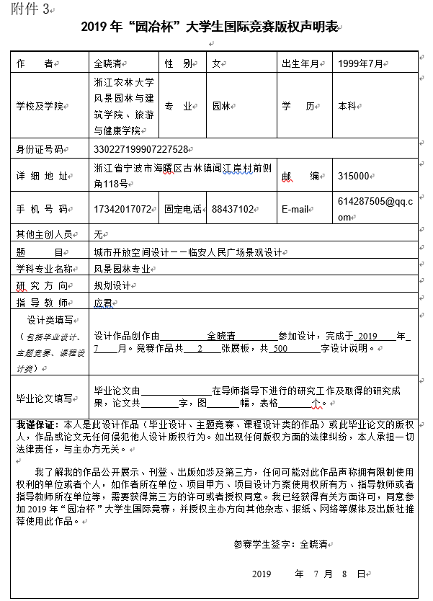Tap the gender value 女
click(215, 63)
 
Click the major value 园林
click(220, 106)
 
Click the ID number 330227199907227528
click(140, 149)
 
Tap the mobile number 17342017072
click(123, 210)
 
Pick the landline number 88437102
click(233, 210)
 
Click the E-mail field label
click(295, 210)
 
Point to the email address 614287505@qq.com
click(375, 209)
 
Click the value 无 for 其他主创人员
click(99, 234)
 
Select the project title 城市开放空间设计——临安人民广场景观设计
click(187, 252)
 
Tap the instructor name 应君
click(103, 303)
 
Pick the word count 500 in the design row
click(280, 348)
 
